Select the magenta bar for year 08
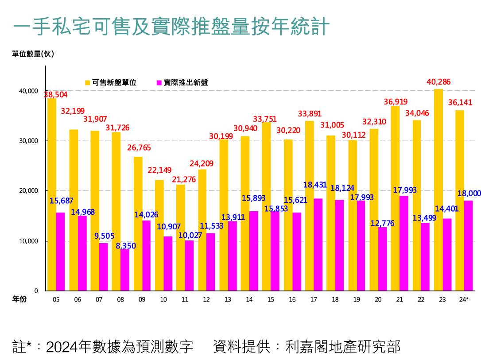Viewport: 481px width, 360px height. tap(125, 270)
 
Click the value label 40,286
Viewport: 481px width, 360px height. tap(438, 81)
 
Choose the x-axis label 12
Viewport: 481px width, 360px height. tap(206, 300)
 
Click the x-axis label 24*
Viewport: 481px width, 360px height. tap(464, 300)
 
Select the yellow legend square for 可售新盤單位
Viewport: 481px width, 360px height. tap(88, 82)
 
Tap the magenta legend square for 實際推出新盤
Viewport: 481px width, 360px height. tap(159, 82)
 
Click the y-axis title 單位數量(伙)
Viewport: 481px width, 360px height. tap(33, 54)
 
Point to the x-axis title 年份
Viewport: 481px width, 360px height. tap(19, 299)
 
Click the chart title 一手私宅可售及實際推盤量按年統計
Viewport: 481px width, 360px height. tap(172, 27)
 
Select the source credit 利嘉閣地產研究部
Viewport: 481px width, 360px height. tap(343, 346)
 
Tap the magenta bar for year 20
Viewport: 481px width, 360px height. tap(382, 259)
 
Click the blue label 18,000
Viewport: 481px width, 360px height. tap(469, 194)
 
